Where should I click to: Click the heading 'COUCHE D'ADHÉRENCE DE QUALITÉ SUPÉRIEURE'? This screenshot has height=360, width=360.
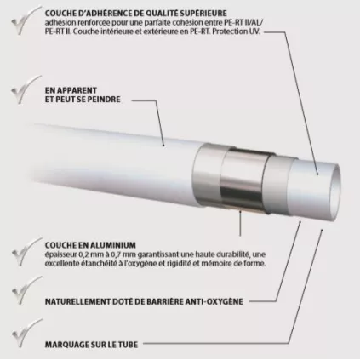[131, 10]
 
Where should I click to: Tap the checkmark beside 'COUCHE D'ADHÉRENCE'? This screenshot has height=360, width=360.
[16, 16]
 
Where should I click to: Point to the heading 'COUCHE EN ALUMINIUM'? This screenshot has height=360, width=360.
[87, 243]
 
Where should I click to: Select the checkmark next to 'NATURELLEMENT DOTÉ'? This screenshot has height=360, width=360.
[16, 295]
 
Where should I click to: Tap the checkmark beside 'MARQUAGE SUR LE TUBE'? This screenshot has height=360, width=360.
[16, 339]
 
